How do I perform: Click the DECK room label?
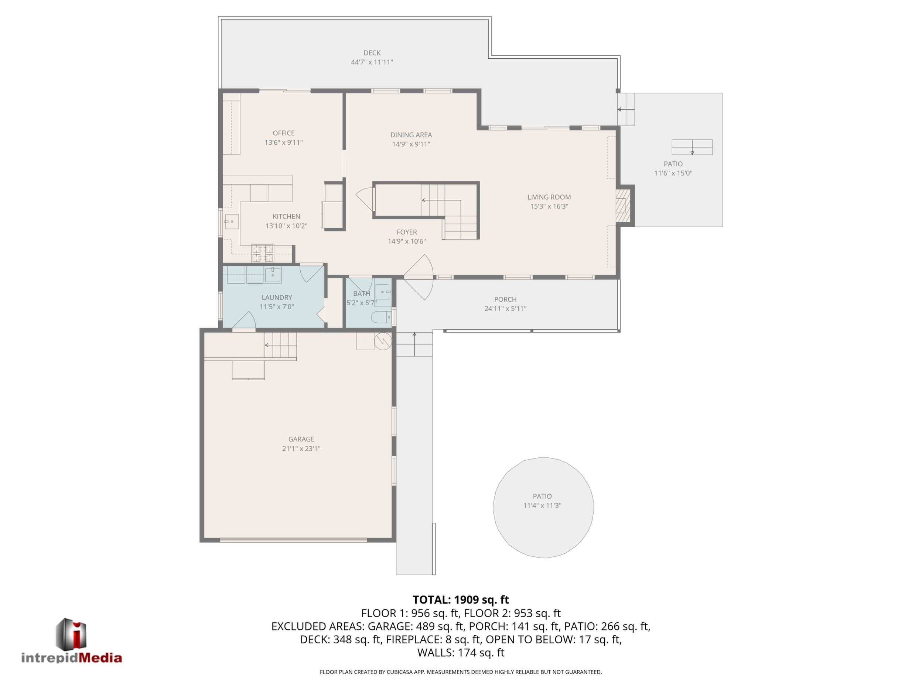372,53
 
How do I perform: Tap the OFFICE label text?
283,133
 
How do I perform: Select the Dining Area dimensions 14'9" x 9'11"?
411,144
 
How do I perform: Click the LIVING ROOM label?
549,197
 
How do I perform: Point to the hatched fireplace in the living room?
623,206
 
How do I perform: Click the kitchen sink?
231,221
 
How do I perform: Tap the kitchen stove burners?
263,252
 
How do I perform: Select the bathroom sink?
383,292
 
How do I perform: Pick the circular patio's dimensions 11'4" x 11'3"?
542,505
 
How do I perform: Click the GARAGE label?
301,439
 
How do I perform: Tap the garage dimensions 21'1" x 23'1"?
301,448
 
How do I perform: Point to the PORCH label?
505,299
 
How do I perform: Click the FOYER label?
406,232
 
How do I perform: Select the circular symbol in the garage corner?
383,341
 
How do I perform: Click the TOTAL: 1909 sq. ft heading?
461,600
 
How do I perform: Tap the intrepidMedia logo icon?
71,633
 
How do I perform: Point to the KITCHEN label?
286,216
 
